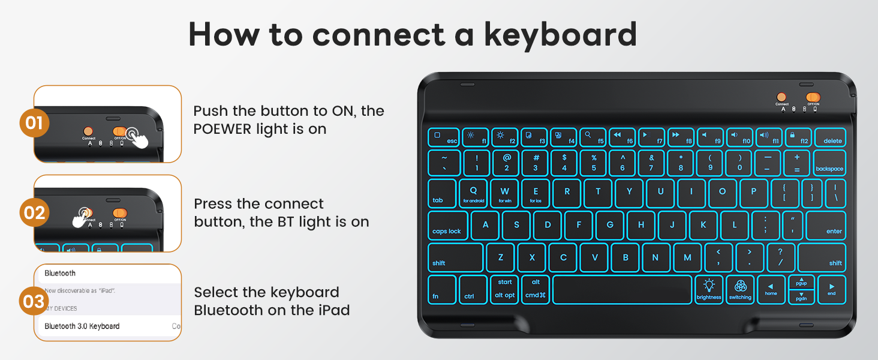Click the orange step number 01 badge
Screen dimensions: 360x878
34,123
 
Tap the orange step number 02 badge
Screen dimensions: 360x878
34,212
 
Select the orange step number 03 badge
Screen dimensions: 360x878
34,302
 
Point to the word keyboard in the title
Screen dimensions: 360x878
560,35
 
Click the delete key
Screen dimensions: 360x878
830,137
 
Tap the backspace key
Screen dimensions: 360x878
829,163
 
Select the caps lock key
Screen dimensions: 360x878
447,226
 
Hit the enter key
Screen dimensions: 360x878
826,226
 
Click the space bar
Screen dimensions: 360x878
622,289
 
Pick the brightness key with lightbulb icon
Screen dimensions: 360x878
709,289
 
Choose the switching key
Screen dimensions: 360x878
740,289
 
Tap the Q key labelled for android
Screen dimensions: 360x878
474,194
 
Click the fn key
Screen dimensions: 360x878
441,289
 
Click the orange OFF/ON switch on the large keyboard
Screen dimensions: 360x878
813,97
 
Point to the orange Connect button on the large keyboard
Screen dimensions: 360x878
781,97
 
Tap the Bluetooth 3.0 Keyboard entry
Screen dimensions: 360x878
82,326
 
